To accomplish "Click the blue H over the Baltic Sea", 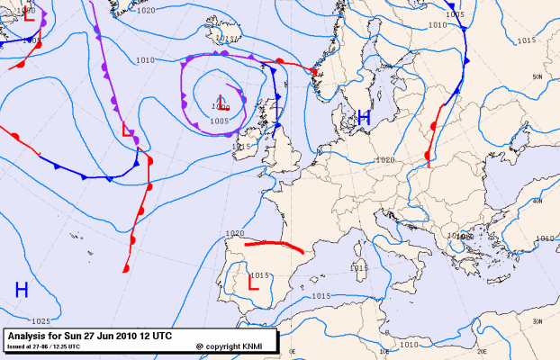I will [364, 117].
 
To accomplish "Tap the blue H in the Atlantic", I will [22, 289].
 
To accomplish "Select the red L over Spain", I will [253, 283].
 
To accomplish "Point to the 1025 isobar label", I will [41, 321].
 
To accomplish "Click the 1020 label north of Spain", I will [236, 233].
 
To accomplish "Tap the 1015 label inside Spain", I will [260, 274].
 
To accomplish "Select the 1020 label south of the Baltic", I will [385, 159].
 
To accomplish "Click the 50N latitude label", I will [537, 77].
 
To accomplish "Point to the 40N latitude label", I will [537, 201].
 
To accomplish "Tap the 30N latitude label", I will [537, 321].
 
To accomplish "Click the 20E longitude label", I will [482, 352].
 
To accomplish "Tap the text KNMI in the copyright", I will [257, 346].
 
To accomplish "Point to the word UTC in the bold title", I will [162, 335].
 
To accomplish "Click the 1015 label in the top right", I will [528, 40].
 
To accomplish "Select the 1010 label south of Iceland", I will [144, 60].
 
